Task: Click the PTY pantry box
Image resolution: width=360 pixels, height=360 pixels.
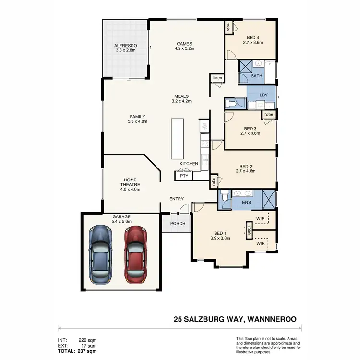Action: coord(184,176)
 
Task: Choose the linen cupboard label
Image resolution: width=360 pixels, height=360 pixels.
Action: coord(217,78)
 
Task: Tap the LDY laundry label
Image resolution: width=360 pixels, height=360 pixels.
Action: coord(263,95)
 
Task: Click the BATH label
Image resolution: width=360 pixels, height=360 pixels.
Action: coord(257,76)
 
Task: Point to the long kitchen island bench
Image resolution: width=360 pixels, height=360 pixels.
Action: coord(177,139)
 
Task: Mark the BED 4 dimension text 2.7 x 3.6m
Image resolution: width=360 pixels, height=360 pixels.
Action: coord(252,43)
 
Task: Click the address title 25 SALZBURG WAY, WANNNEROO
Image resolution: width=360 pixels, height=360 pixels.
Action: coord(235,319)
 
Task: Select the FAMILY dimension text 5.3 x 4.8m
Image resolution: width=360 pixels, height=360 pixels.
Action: coord(137,121)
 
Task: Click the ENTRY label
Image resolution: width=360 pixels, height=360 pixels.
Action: coord(177,199)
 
